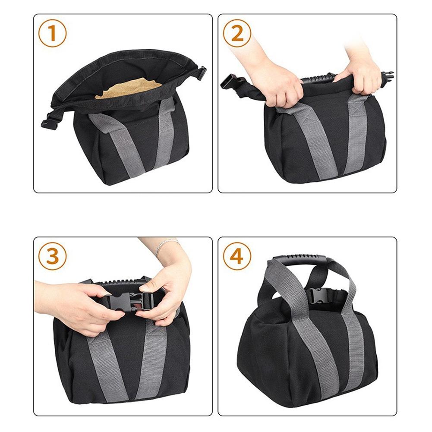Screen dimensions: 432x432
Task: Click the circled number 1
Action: click(52, 33)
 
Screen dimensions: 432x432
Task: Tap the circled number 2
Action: click(237, 33)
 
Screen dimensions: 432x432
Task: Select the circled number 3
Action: click(52, 256)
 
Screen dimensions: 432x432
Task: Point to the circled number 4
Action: click(237, 256)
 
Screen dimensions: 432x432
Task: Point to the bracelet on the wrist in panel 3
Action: click(166, 245)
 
